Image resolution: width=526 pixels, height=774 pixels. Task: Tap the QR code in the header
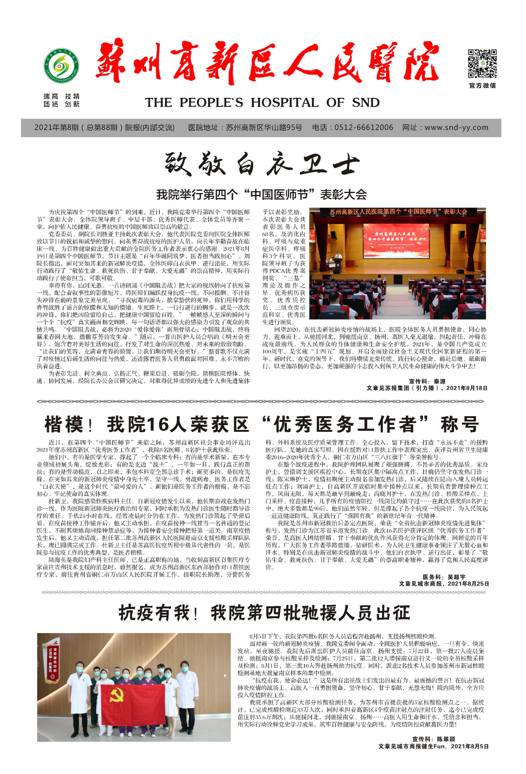coord(482,64)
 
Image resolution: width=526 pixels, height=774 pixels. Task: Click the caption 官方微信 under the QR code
coord(482,86)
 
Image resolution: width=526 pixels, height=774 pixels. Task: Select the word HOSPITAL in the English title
coord(284,102)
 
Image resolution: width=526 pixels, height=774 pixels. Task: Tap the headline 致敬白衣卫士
coord(262,164)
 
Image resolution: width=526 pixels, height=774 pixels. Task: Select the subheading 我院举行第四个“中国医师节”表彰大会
coord(262,194)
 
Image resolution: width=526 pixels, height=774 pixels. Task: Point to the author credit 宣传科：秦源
coord(427,381)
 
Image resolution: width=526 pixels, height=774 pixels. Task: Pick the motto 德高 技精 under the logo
coord(61,97)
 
